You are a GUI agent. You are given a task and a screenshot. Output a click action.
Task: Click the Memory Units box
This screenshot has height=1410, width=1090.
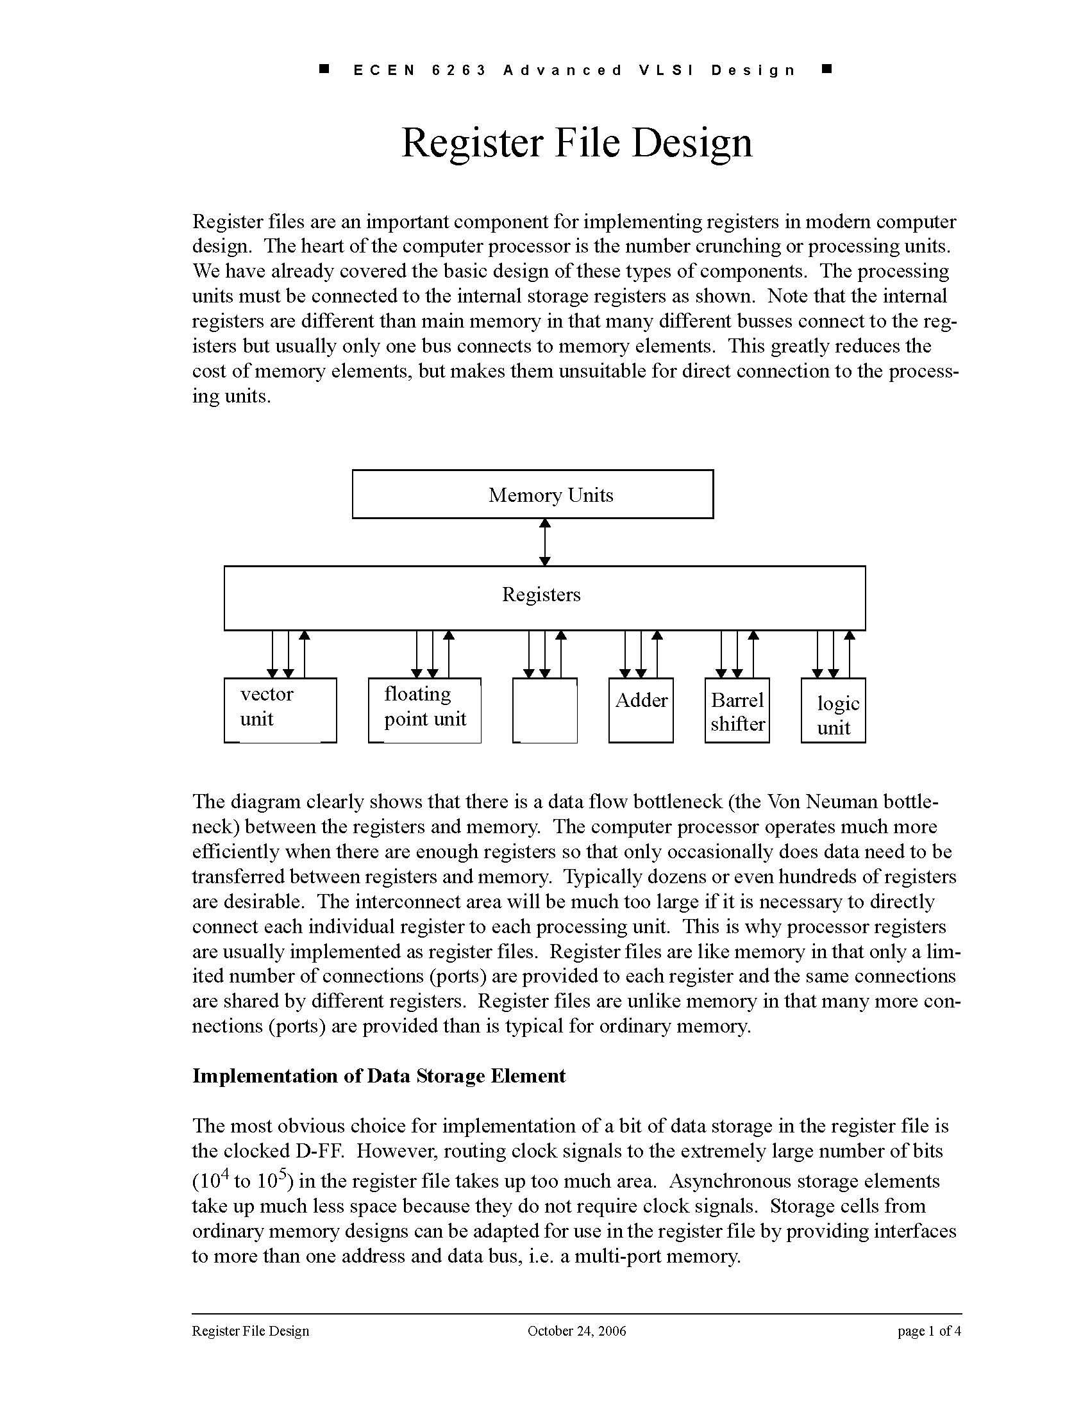click(533, 495)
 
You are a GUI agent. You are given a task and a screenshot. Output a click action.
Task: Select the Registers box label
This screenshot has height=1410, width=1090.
click(541, 595)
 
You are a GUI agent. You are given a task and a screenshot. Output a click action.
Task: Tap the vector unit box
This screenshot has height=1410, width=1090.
click(280, 709)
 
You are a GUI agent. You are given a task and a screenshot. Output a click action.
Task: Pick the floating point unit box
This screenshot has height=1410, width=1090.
click(424, 709)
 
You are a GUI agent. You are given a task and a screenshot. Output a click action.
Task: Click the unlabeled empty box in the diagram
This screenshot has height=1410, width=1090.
click(544, 710)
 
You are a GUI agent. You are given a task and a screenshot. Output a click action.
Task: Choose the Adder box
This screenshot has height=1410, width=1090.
click(641, 709)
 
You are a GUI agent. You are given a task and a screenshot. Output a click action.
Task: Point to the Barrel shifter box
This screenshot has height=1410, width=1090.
click(737, 711)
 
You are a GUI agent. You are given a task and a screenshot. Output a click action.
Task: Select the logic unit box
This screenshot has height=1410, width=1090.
click(833, 711)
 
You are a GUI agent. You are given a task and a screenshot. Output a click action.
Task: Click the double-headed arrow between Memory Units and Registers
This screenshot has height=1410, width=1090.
click(544, 542)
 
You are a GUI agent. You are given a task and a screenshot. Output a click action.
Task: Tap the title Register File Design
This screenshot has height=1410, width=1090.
click(576, 143)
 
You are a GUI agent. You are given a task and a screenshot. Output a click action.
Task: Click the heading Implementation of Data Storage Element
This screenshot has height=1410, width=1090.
click(379, 1076)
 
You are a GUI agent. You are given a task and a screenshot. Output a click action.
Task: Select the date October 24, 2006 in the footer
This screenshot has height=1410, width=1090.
click(576, 1331)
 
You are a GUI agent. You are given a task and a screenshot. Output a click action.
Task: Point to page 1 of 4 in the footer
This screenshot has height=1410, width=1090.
click(928, 1331)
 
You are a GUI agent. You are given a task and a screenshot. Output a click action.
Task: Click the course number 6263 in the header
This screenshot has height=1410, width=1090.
click(458, 70)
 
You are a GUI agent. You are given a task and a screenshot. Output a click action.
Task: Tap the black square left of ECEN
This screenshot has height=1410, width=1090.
click(325, 69)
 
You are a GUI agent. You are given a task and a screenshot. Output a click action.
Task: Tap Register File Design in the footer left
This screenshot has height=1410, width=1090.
click(251, 1331)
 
